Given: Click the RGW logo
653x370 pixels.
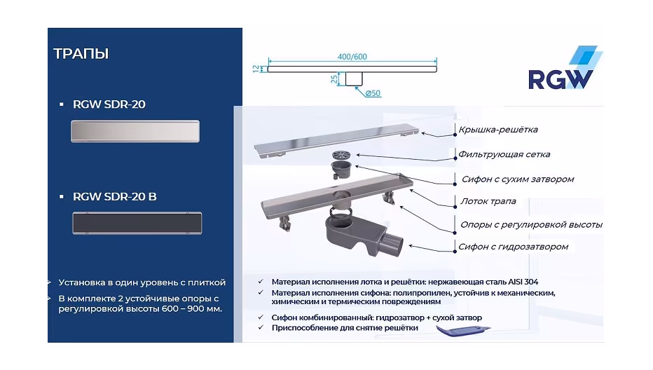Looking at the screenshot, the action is tap(565, 68).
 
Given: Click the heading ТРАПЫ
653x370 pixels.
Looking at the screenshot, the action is tap(81, 54).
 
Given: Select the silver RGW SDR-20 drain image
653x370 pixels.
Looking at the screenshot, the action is tap(135, 131).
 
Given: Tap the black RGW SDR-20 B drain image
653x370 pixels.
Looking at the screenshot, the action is tap(137, 223).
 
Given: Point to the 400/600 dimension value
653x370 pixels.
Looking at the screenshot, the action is tap(352, 57).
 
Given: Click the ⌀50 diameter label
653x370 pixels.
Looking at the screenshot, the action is tap(373, 93).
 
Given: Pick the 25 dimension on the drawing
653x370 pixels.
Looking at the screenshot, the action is tap(334, 78).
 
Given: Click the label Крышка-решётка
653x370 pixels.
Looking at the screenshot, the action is tap(498, 130).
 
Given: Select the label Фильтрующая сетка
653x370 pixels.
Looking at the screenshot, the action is tap(504, 155).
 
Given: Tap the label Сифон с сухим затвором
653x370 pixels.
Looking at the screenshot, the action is tap(518, 179).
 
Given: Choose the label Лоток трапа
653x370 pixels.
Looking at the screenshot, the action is tap(488, 201).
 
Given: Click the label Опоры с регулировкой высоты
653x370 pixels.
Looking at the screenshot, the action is tap(531, 225).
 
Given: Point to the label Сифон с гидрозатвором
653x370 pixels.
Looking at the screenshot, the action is tap(513, 247).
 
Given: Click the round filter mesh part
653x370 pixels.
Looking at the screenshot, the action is tap(341, 155).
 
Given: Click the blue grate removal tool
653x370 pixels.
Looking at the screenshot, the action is tap(463, 331).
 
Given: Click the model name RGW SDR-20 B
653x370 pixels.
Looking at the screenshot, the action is tap(114, 197).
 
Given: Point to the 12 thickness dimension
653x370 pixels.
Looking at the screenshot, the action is tap(256, 69).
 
